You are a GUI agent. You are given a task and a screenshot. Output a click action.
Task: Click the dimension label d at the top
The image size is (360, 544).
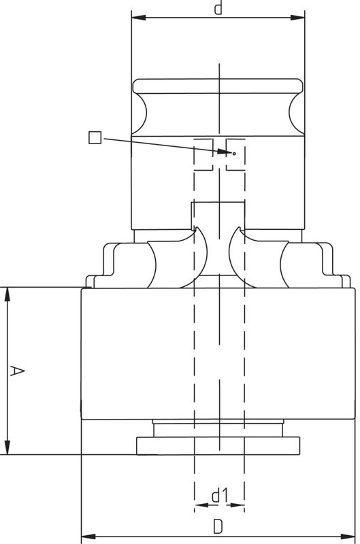click(x=218, y=7)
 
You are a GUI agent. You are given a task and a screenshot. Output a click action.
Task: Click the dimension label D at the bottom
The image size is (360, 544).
click(x=218, y=527)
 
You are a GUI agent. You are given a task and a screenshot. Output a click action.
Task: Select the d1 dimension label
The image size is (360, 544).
click(x=220, y=496)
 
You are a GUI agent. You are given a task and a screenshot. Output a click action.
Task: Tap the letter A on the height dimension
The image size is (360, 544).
click(x=16, y=371)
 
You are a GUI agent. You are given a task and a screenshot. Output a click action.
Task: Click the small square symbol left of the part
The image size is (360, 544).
click(x=95, y=137)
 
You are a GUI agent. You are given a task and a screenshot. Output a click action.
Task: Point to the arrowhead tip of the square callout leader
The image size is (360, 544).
click(x=231, y=152)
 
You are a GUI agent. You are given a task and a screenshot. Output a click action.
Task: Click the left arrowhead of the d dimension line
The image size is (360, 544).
click(x=139, y=18)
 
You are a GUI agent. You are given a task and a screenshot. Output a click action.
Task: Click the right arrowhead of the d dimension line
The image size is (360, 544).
click(x=297, y=18)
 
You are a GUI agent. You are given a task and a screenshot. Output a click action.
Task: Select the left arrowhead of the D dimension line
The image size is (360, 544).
click(x=88, y=537)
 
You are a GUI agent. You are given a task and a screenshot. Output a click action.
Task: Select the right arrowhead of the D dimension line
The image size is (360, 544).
click(x=348, y=537)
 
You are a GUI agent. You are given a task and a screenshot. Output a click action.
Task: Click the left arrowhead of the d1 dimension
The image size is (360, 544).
click(x=201, y=505)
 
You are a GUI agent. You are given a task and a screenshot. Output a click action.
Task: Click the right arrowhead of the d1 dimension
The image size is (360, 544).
click(x=238, y=505)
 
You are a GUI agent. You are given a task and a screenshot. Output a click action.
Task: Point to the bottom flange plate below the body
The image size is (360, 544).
click(x=218, y=446)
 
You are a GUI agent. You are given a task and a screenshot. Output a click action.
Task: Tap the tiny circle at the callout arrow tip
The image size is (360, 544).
click(x=234, y=154)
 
